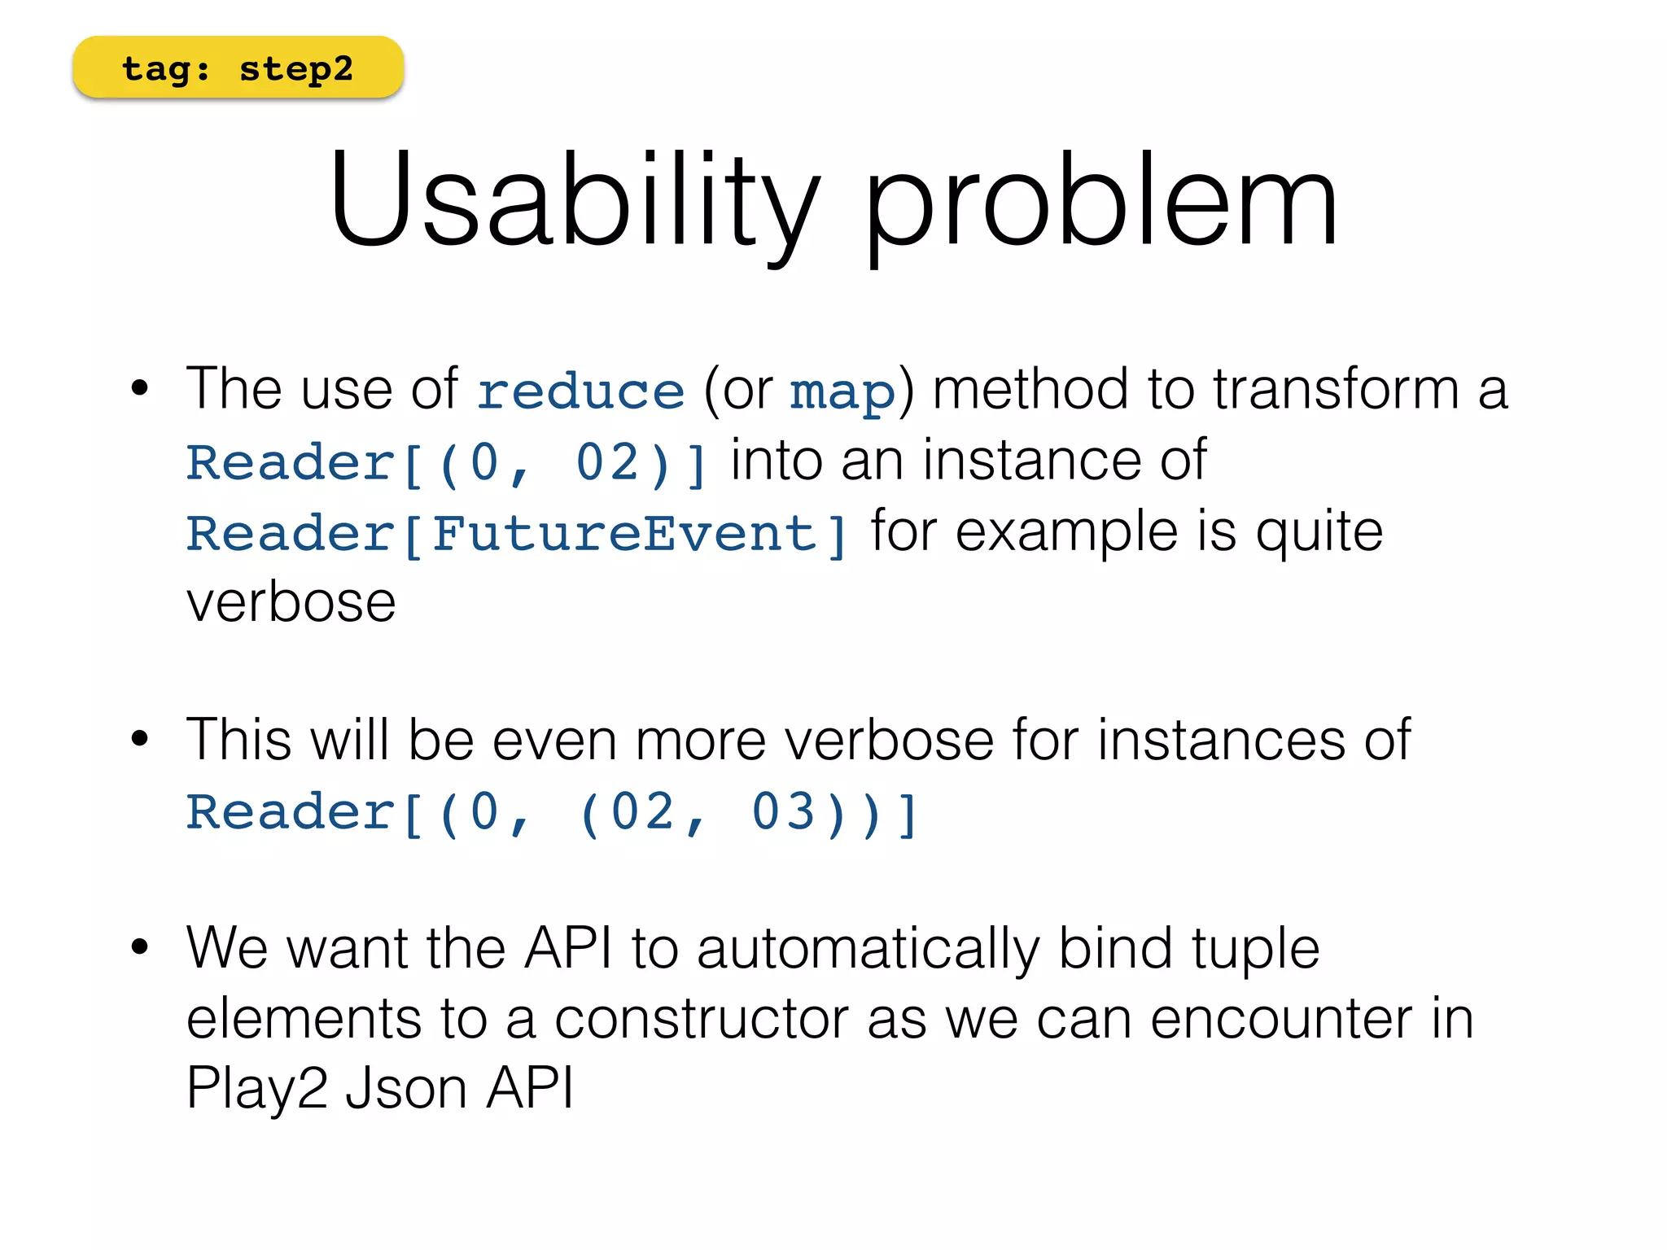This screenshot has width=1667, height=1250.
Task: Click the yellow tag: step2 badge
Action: [238, 68]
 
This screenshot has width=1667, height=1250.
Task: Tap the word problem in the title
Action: [1100, 202]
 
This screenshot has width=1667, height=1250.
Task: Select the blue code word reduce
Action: [580, 391]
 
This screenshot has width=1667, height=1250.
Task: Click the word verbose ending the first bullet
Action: [291, 603]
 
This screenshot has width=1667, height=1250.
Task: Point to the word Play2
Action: [256, 1088]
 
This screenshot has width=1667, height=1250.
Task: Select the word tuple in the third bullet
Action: [1255, 950]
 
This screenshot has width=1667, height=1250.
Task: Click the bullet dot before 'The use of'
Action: [140, 388]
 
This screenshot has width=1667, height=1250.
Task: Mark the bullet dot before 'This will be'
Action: [140, 739]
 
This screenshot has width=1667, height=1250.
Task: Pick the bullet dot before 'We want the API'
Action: [140, 946]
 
